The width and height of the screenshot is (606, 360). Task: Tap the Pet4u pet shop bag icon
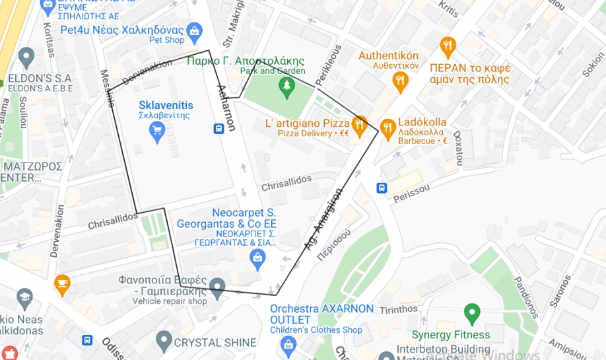[194, 30]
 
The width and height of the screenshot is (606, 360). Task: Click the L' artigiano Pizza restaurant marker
[359, 124]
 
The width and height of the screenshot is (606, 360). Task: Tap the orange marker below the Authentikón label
[400, 82]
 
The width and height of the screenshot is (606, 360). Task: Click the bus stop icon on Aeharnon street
[219, 128]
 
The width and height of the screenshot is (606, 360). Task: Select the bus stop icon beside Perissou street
[382, 188]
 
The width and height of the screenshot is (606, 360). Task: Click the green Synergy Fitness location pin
[471, 312]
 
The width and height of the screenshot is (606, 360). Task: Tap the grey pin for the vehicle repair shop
[218, 287]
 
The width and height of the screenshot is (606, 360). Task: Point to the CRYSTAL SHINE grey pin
[164, 341]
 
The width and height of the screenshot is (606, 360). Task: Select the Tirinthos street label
[398, 309]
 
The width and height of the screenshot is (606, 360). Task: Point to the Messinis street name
[106, 87]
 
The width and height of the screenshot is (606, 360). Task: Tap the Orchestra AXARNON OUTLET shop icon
[288, 343]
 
